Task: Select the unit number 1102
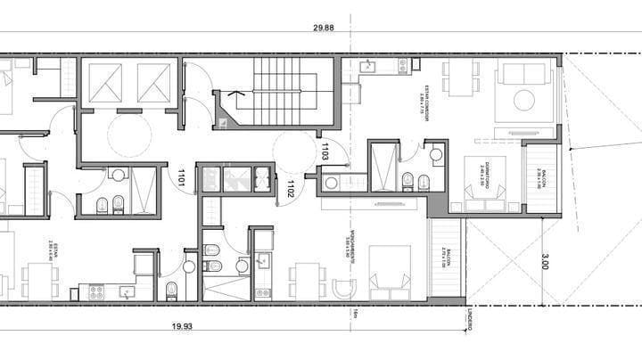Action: (x=291, y=187)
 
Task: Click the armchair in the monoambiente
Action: (x=344, y=289)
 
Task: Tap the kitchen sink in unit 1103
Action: (x=367, y=66)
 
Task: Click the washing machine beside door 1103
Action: (x=331, y=183)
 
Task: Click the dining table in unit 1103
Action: (x=461, y=78)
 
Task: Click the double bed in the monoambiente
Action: (x=390, y=270)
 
